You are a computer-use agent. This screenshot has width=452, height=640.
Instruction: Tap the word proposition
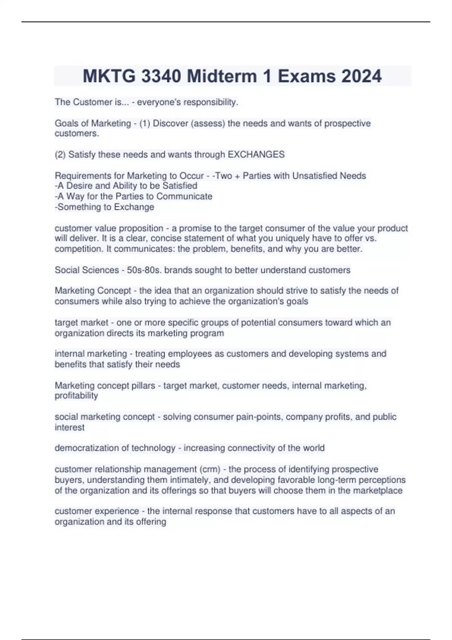(x=141, y=228)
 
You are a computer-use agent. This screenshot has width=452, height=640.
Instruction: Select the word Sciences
(x=101, y=270)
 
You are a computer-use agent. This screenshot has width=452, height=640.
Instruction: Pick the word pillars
(x=141, y=386)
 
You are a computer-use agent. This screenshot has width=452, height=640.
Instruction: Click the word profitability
(x=76, y=396)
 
